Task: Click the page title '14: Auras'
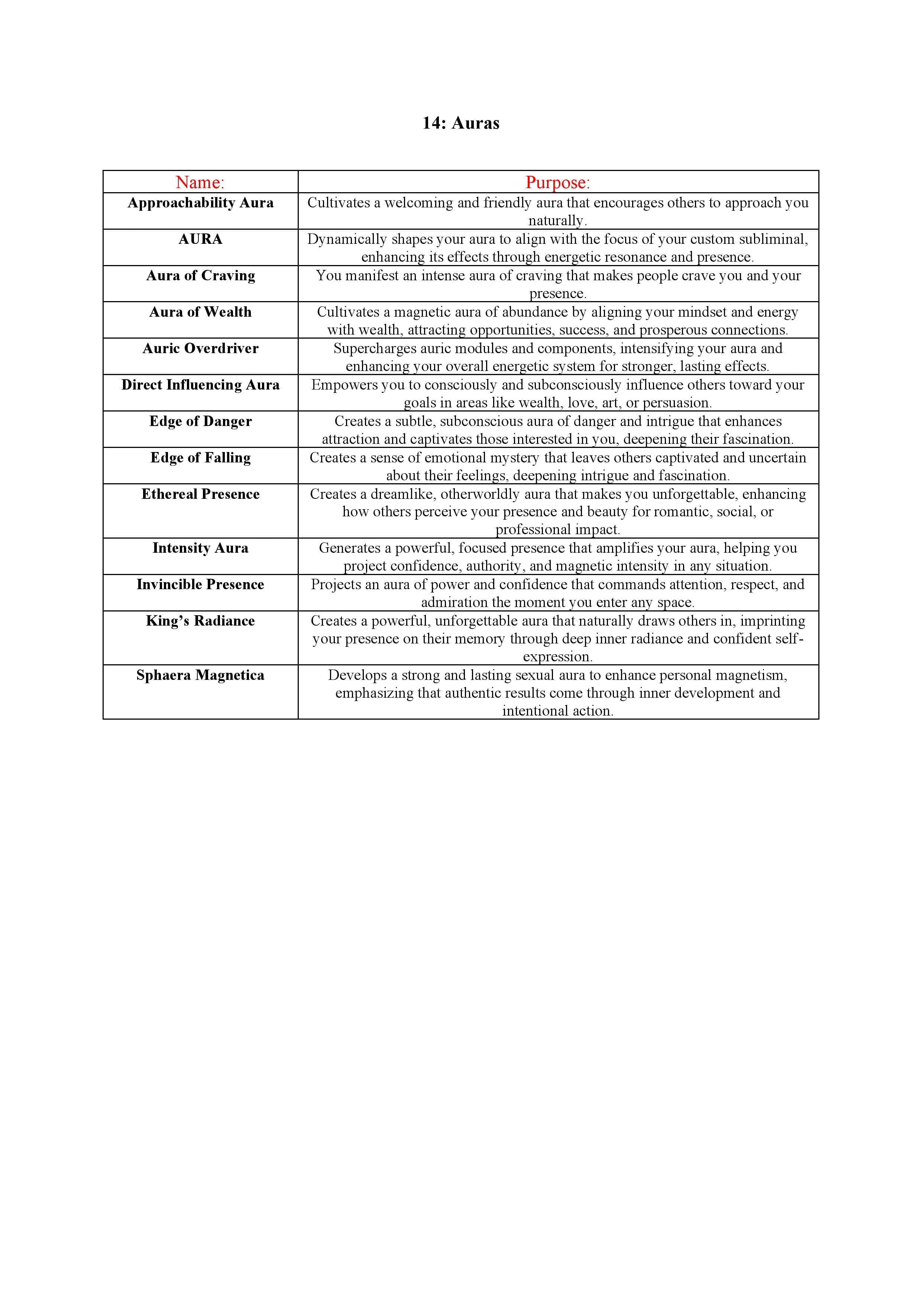tap(460, 123)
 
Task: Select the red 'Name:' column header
tap(200, 182)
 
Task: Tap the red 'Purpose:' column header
tap(557, 182)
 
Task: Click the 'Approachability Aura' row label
tap(200, 203)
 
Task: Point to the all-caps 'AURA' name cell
tap(200, 239)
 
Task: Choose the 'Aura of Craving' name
tap(200, 275)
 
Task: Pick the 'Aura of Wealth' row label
tap(200, 312)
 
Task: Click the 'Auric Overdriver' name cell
tap(200, 348)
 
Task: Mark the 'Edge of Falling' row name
tap(200, 457)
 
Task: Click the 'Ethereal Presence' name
tap(200, 494)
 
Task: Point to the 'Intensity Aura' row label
tap(200, 548)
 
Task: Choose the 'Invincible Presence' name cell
tap(200, 584)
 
